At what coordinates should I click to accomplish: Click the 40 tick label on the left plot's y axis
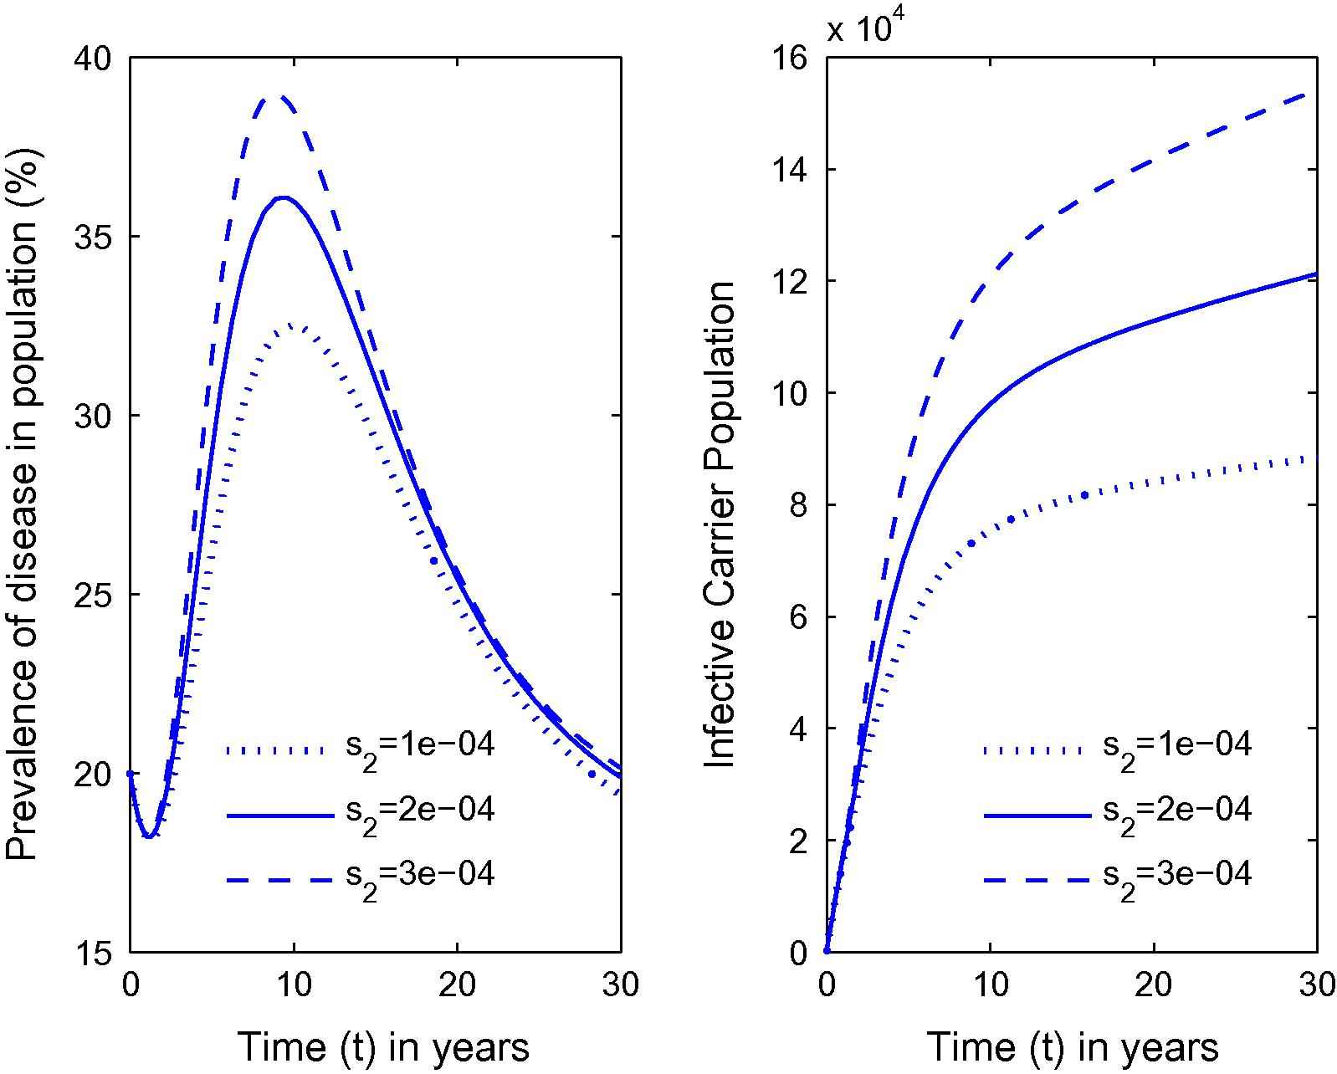click(x=95, y=58)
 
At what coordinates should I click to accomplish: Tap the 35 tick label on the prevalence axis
click(x=95, y=237)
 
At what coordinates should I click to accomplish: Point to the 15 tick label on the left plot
click(x=95, y=952)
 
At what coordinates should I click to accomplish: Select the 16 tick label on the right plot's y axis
click(x=791, y=58)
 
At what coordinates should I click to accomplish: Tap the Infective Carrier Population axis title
click(x=720, y=524)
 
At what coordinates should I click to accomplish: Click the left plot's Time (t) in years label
click(x=384, y=1047)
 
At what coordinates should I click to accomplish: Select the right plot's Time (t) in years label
click(x=1073, y=1047)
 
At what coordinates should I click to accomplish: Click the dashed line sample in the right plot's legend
click(x=1037, y=880)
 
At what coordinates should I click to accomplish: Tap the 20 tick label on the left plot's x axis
click(x=457, y=985)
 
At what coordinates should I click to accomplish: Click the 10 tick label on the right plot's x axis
click(x=990, y=985)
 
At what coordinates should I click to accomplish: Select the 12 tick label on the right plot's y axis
click(x=791, y=282)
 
